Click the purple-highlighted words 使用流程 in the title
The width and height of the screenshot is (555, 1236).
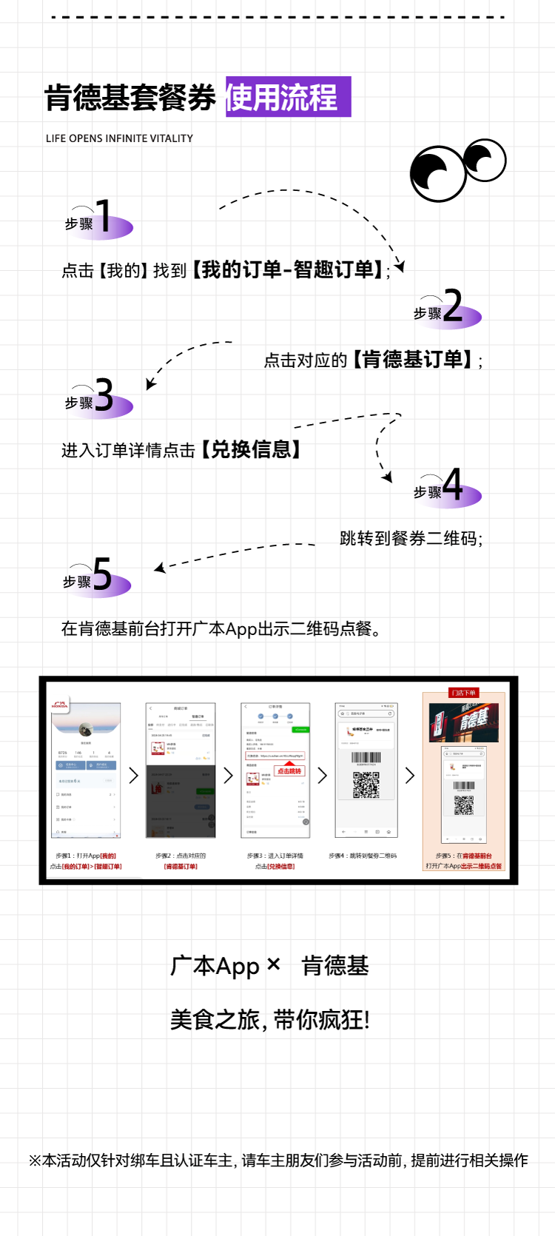[x=288, y=97]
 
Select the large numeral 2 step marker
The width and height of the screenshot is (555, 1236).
[x=453, y=306]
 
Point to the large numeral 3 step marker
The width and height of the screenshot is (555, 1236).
[x=104, y=395]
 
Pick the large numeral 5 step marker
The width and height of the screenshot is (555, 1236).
[x=103, y=574]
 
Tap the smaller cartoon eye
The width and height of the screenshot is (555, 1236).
[x=485, y=160]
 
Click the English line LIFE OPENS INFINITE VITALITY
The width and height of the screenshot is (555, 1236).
[x=119, y=138]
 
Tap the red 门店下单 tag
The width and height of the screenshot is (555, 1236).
[x=464, y=693]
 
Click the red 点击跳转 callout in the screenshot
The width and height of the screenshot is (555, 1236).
[x=289, y=770]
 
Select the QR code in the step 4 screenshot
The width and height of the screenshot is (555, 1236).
[x=366, y=785]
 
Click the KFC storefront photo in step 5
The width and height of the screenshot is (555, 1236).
[x=464, y=722]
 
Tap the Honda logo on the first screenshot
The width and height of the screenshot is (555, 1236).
[x=60, y=705]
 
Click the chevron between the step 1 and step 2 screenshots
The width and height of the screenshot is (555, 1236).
[x=134, y=776]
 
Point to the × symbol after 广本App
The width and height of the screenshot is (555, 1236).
[x=273, y=964]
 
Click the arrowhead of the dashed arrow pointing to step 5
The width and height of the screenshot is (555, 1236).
[x=158, y=568]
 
